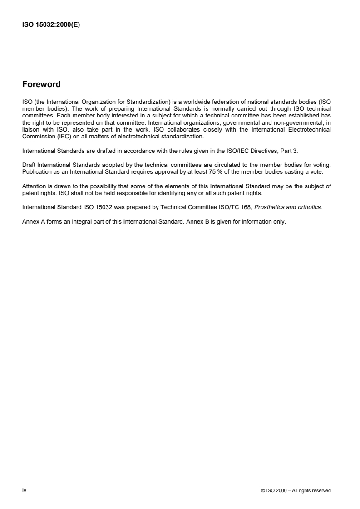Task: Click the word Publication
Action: [x=36, y=183]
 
